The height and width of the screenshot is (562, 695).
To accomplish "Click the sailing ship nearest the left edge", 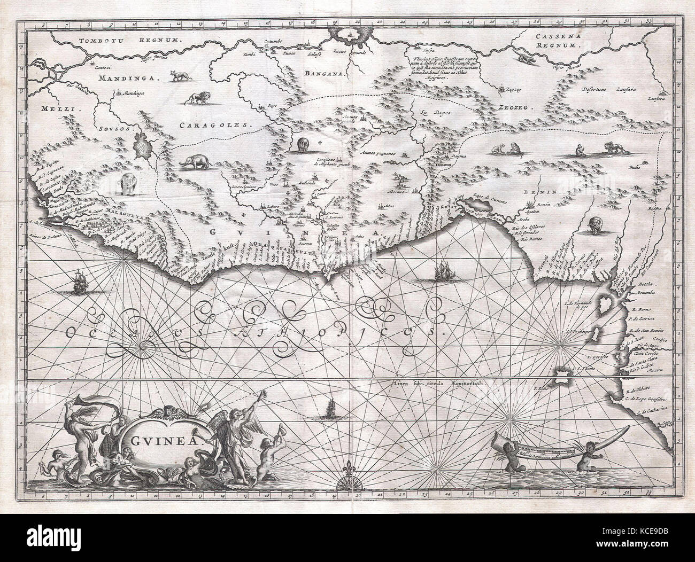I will tap(78, 283).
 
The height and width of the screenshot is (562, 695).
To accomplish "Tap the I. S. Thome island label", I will tap(582, 369).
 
